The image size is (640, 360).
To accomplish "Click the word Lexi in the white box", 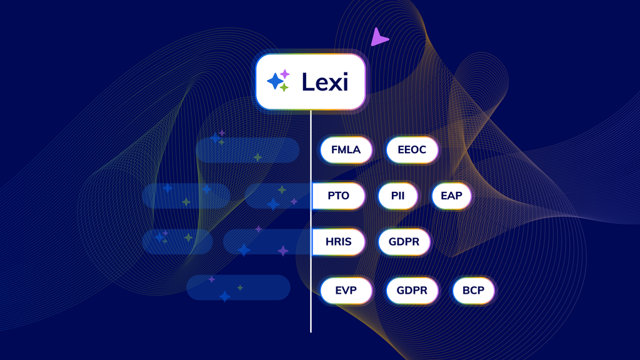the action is (325, 82).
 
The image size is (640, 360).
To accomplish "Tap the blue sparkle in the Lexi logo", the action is (275, 81).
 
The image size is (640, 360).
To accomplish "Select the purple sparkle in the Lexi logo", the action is (285, 74).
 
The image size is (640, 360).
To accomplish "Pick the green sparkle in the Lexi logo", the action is (284, 87).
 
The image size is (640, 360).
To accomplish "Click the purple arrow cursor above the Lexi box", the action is (378, 37).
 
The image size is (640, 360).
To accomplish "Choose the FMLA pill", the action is (346, 150).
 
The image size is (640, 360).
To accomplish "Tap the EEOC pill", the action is (412, 150).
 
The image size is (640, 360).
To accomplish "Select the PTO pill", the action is (338, 196).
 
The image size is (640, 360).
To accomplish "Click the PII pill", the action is (398, 196).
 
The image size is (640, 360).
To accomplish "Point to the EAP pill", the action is (451, 196).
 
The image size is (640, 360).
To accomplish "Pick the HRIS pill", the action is (338, 242).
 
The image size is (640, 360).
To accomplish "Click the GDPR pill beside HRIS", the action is (404, 242).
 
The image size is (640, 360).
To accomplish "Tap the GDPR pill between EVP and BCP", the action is (412, 291).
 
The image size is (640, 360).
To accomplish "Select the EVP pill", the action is (346, 291).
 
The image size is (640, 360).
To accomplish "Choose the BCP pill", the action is (474, 291).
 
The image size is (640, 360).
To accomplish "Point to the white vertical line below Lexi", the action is (311, 221).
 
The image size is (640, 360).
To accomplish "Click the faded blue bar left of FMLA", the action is (247, 150).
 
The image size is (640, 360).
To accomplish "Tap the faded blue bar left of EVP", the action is (238, 287).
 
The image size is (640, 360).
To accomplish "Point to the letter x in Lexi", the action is (336, 84).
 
